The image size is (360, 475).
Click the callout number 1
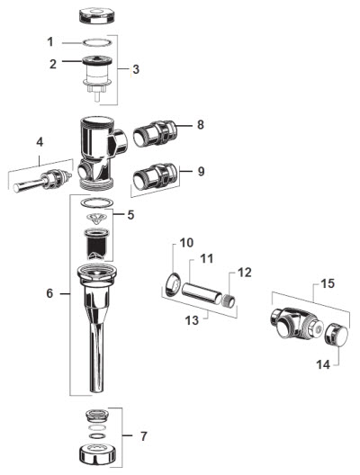click(x=50, y=41)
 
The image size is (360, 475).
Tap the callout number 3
click(x=136, y=69)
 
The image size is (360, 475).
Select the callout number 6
click(x=49, y=293)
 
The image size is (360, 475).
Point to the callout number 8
click(x=201, y=124)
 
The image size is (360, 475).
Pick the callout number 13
click(x=192, y=320)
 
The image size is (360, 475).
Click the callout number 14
click(x=323, y=364)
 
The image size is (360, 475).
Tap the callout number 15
click(x=328, y=283)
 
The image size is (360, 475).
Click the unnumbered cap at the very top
click(x=97, y=16)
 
